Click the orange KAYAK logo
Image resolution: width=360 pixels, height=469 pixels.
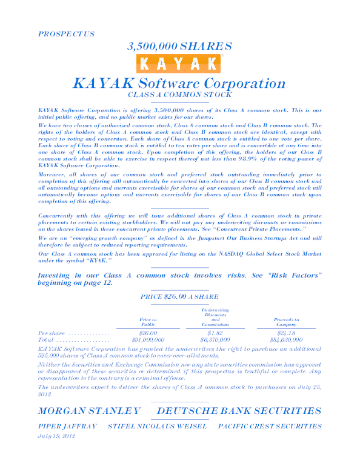(179, 64)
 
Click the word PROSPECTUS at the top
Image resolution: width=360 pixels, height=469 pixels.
(66, 34)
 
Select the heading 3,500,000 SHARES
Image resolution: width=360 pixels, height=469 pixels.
(179, 46)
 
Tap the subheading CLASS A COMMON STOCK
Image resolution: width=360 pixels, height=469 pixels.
(179, 95)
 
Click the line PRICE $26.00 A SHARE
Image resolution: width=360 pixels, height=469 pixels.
(179, 297)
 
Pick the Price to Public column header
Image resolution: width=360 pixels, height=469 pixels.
(148, 322)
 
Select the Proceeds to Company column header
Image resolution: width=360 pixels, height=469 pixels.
(286, 322)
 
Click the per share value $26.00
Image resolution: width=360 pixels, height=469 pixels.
(148, 333)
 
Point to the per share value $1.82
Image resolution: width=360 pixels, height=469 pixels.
(215, 333)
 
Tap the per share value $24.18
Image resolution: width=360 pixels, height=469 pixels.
(285, 333)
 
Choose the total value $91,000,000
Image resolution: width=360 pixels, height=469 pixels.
(148, 340)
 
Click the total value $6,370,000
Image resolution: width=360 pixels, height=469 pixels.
(215, 340)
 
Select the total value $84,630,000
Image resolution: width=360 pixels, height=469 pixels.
(285, 340)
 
